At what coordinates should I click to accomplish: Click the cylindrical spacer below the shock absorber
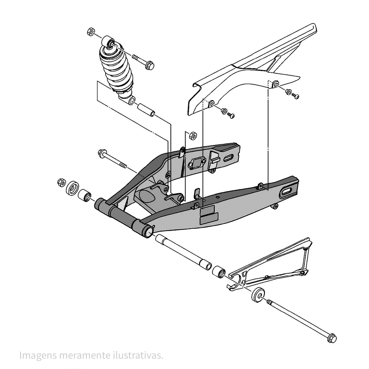(x=146, y=110)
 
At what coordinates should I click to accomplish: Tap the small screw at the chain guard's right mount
(x=295, y=96)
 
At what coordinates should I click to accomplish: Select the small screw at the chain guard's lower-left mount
(x=231, y=115)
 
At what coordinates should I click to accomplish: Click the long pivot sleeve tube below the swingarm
(x=183, y=251)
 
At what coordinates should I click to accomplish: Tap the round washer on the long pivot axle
(x=258, y=294)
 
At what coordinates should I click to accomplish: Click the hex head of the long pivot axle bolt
(x=331, y=338)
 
